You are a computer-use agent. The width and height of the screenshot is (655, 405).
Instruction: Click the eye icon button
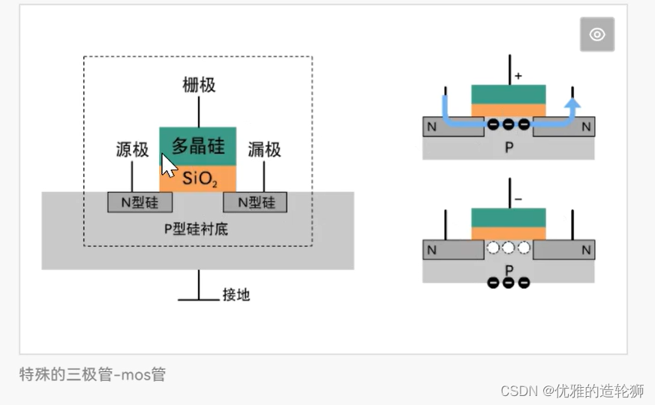point(596,34)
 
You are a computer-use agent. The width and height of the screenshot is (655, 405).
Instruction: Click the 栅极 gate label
point(199,85)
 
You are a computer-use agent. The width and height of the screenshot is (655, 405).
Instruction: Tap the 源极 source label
point(132,150)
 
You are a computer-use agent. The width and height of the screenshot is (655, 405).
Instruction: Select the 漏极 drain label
point(264,150)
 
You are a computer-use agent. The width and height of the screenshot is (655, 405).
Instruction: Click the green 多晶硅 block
point(199,145)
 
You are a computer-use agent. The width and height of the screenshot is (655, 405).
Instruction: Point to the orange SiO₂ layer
point(198,178)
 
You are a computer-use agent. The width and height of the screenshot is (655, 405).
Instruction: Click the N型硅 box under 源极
point(140,202)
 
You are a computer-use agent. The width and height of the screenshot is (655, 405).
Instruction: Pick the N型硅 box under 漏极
point(256,202)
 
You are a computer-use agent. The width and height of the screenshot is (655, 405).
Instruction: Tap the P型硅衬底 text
point(196,229)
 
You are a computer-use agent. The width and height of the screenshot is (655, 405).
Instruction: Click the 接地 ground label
point(236,295)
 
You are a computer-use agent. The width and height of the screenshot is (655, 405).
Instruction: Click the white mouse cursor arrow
point(169,165)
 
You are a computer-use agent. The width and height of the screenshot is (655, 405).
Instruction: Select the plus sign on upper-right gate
point(518,76)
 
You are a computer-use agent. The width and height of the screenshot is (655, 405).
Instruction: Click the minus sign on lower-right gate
point(518,199)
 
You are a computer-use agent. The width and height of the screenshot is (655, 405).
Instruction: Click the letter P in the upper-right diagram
point(509,148)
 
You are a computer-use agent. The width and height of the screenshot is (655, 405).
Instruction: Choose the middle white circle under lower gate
point(509,248)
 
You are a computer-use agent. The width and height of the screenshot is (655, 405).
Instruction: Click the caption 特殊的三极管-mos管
point(92,374)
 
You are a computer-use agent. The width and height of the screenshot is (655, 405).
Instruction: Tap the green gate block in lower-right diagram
point(509,217)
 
